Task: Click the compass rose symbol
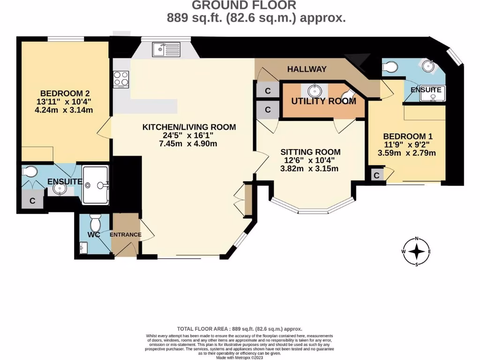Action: pos(416,252)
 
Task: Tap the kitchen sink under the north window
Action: pos(166,49)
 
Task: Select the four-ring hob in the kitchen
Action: pos(121,79)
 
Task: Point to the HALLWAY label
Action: pos(307,69)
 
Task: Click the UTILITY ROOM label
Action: pos(323,101)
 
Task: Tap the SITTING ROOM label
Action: pos(310,152)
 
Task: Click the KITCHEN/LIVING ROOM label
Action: pos(189,127)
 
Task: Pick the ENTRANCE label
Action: pos(125,235)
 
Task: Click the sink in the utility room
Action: pos(314,90)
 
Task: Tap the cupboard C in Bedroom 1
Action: pos(376,175)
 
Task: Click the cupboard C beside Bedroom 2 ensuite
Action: pos(32,201)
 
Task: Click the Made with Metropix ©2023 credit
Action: pos(240,358)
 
